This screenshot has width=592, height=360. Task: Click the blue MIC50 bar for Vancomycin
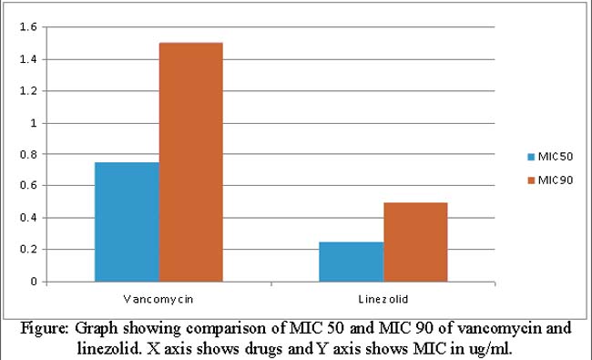click(x=127, y=222)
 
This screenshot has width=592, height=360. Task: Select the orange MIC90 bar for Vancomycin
click(x=191, y=162)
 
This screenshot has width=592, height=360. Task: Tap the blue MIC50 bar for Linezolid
click(x=352, y=262)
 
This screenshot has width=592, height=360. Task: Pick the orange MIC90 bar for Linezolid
click(x=415, y=242)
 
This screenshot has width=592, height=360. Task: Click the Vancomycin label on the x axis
click(x=158, y=300)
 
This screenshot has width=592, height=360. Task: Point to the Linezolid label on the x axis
click(x=383, y=299)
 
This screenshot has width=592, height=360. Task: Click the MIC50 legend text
click(x=556, y=157)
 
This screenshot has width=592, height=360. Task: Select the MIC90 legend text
click(x=556, y=180)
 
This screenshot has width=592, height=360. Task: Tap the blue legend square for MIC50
click(x=531, y=157)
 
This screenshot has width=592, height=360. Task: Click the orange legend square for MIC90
click(x=531, y=180)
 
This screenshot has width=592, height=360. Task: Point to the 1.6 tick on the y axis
click(x=28, y=26)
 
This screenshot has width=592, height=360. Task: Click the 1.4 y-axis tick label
click(x=28, y=59)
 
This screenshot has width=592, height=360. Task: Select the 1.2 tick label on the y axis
click(x=28, y=91)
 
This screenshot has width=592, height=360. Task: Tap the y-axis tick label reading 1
click(x=34, y=123)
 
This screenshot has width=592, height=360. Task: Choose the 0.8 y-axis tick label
click(x=28, y=154)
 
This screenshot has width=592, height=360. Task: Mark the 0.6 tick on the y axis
click(x=28, y=186)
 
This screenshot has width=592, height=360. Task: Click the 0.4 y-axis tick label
click(x=28, y=218)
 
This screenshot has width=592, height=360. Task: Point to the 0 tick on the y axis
click(x=34, y=282)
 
